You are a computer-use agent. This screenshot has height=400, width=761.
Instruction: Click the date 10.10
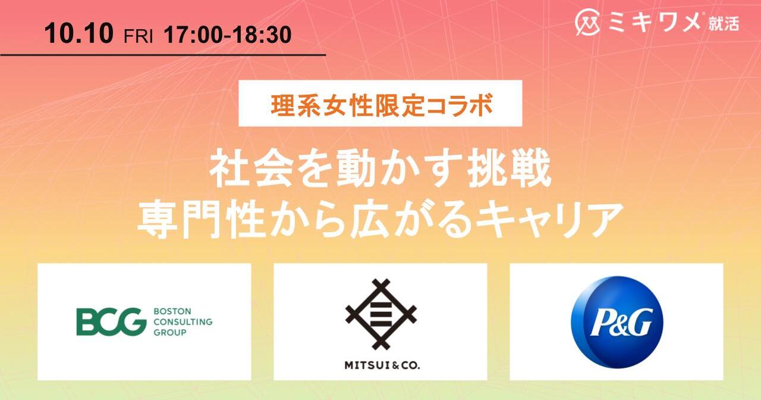tap(78, 33)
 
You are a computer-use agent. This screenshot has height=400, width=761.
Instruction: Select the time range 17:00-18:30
tap(228, 35)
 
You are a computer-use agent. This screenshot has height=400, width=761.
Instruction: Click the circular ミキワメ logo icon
tap(587, 23)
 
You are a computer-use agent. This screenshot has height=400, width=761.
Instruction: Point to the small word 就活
tap(724, 24)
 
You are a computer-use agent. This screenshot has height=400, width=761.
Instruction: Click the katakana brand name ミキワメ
tap(655, 23)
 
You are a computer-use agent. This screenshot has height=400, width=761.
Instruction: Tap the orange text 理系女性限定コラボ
tap(382, 105)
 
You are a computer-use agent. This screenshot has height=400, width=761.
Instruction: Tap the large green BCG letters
tap(111, 322)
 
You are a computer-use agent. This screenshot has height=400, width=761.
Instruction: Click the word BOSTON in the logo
tap(172, 311)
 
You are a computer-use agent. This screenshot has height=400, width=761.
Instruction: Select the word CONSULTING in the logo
tap(183, 322)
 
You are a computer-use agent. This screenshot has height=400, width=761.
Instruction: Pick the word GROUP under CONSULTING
tap(170, 332)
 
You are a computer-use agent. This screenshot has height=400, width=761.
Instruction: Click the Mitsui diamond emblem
tap(380, 315)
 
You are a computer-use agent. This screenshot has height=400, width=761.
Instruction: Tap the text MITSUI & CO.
tap(382, 365)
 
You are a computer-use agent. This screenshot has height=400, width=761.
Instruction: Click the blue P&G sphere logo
tap(617, 322)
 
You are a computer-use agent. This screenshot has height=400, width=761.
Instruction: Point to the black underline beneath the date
tap(163, 55)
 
